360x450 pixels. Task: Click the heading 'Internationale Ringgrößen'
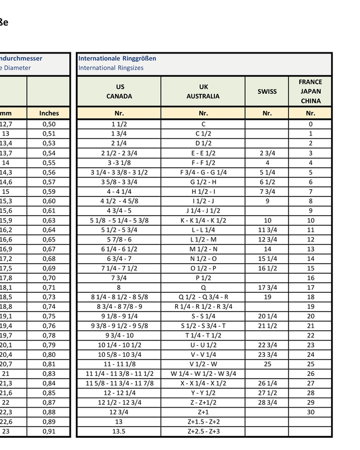[x=117, y=58]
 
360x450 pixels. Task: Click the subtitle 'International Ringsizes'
[x=111, y=68]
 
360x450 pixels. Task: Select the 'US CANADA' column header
[x=119, y=91]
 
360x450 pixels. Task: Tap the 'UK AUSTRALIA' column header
[x=203, y=91]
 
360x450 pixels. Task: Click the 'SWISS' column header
[x=267, y=91]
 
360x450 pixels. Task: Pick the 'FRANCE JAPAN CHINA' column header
[x=310, y=91]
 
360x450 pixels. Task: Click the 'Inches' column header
[x=49, y=113]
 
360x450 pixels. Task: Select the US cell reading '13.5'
[x=118, y=432]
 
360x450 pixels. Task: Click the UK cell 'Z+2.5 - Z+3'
[x=203, y=432]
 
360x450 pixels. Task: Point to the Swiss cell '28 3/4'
[x=267, y=402]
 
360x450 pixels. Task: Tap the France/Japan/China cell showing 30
[x=310, y=412]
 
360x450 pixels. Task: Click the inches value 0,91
[x=49, y=432]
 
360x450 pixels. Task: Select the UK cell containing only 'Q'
[x=203, y=288]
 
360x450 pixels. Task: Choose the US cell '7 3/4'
[x=118, y=278]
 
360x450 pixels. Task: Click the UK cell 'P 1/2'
[x=203, y=278]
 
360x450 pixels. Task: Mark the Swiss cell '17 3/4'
[x=267, y=288]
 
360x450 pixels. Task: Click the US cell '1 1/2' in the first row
[x=118, y=124]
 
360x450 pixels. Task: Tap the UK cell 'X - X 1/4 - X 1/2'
[x=203, y=384]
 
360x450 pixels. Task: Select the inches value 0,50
[x=49, y=124]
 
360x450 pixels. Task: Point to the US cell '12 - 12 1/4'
[x=119, y=393]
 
